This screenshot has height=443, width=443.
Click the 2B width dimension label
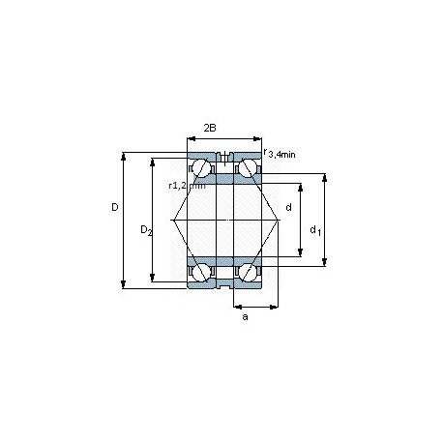(x=210, y=128)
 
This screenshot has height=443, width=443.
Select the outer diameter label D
(x=115, y=207)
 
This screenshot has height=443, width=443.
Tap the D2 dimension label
(x=146, y=230)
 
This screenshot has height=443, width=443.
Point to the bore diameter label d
(x=288, y=207)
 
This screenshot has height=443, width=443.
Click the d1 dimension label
(x=315, y=230)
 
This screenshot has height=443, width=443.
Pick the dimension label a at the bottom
(x=245, y=317)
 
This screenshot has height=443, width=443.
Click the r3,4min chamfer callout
(x=280, y=153)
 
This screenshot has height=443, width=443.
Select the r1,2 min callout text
(x=187, y=186)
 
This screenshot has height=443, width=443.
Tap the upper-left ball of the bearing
(x=201, y=167)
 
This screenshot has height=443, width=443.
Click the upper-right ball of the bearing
(x=248, y=167)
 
